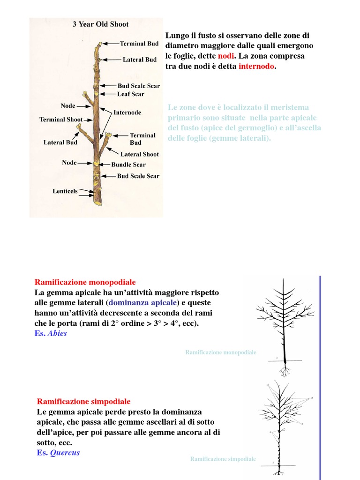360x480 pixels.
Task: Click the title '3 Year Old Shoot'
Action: coord(100,24)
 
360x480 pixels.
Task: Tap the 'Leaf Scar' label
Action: coord(131,94)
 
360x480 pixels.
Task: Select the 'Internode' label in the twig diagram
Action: coord(127,112)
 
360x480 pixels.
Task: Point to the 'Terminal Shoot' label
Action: coord(61,120)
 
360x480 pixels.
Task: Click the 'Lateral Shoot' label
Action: coord(139,154)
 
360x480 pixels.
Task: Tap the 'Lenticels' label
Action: coord(65,191)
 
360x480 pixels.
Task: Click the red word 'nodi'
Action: coord(225,56)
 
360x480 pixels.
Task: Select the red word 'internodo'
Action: coord(256,67)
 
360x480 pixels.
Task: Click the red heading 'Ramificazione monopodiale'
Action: coord(85,282)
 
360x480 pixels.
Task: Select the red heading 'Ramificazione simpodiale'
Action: coord(83,402)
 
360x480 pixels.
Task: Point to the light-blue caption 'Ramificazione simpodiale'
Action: coord(223,459)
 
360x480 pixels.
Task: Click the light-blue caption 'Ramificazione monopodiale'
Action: coord(221,352)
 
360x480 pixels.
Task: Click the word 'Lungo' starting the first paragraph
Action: coord(176,36)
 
